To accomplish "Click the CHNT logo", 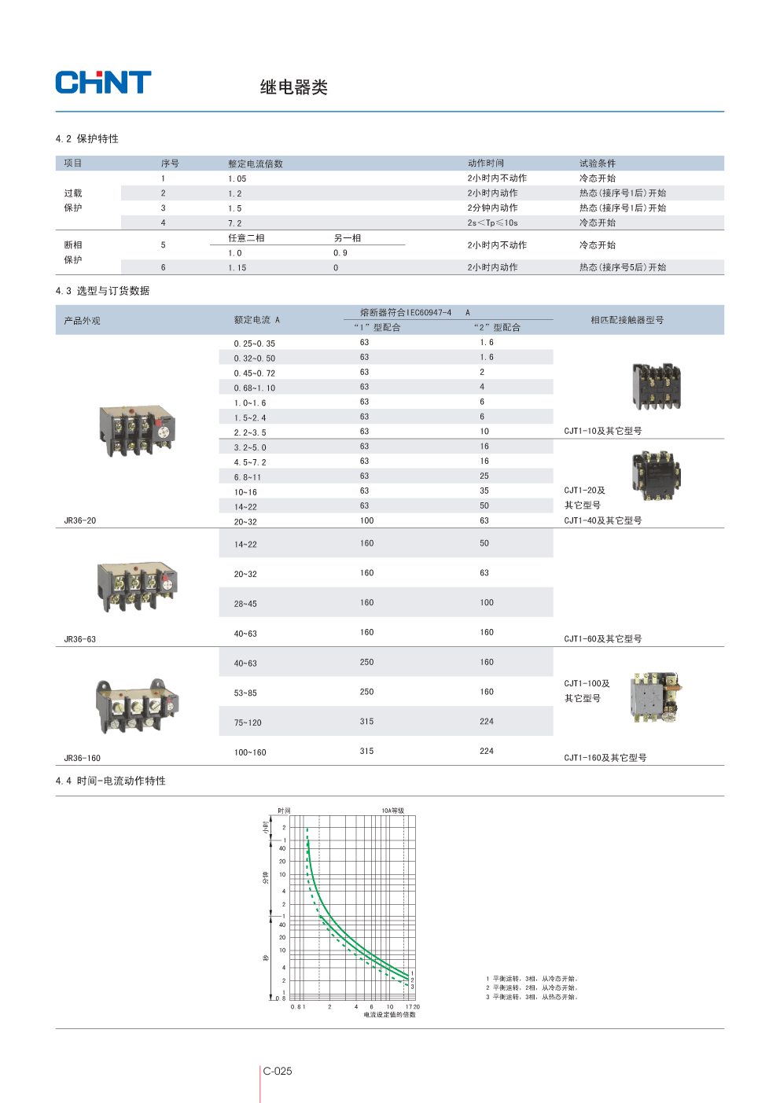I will tap(103, 83).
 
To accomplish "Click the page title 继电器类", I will tap(293, 87).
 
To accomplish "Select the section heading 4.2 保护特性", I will tap(87, 139).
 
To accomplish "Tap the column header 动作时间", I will tap(486, 164).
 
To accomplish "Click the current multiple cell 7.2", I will tap(235, 223).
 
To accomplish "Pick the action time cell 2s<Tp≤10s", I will tap(492, 223).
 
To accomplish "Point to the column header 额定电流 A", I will tap(256, 320).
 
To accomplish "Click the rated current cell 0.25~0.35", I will tap(254, 344).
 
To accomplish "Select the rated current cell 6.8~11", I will tap(247, 477).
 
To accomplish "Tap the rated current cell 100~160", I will tap(250, 752).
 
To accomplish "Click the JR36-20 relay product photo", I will tap(137, 430).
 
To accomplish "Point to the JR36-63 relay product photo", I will tap(137, 586).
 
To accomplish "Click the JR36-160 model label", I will tap(83, 758).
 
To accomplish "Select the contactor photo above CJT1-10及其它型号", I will tap(656, 387).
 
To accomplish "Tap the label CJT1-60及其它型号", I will tap(602, 639).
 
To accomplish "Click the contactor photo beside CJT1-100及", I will tap(655, 697).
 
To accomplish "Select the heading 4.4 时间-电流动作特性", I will tap(111, 781).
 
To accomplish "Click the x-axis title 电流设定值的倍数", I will tap(389, 1015).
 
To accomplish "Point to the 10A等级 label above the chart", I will tap(392, 811).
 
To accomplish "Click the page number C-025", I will tap(278, 1071).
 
